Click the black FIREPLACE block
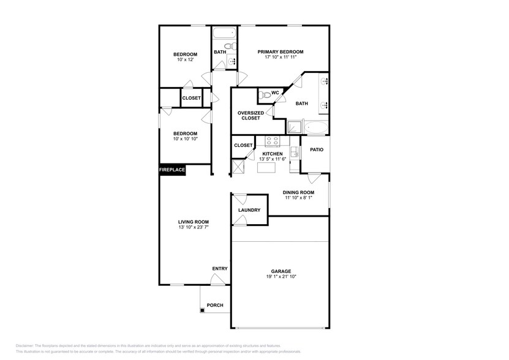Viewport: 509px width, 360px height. [172, 170]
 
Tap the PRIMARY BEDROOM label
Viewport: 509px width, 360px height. [281, 52]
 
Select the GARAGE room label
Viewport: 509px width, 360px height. [281, 271]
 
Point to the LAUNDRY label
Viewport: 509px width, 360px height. [249, 210]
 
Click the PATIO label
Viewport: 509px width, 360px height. [316, 149]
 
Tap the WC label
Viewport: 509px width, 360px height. [275, 92]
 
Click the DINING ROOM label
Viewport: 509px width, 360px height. [298, 192]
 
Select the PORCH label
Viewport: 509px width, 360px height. [215, 306]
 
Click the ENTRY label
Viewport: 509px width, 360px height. [219, 269]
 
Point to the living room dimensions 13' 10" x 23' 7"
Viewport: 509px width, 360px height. [194, 227]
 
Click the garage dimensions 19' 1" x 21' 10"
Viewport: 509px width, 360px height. [281, 276]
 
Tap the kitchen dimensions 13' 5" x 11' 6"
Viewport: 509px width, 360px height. [273, 159]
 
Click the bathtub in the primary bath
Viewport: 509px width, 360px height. [317, 128]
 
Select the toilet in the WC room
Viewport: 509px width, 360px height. [263, 95]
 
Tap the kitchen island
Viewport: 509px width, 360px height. [266, 167]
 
